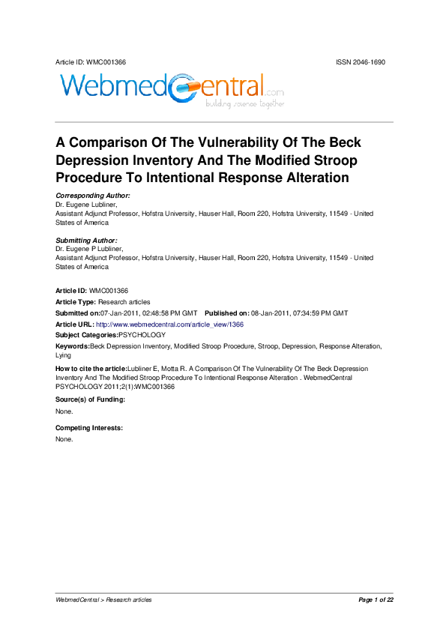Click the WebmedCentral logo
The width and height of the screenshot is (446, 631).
tap(171, 89)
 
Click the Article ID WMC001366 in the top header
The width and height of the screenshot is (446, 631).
tap(85, 61)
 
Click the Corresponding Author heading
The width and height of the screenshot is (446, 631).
tap(93, 195)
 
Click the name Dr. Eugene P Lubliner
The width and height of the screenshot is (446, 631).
tap(89, 249)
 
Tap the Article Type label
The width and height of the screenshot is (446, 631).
tap(76, 301)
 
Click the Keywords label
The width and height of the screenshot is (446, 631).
tap(72, 346)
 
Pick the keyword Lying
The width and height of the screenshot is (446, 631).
tap(64, 355)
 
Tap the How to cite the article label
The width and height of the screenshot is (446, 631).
tap(91, 369)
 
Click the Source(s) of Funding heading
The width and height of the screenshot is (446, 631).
tap(90, 399)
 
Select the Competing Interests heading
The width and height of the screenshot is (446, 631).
tap(88, 427)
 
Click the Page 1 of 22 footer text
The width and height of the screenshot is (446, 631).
tap(376, 600)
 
